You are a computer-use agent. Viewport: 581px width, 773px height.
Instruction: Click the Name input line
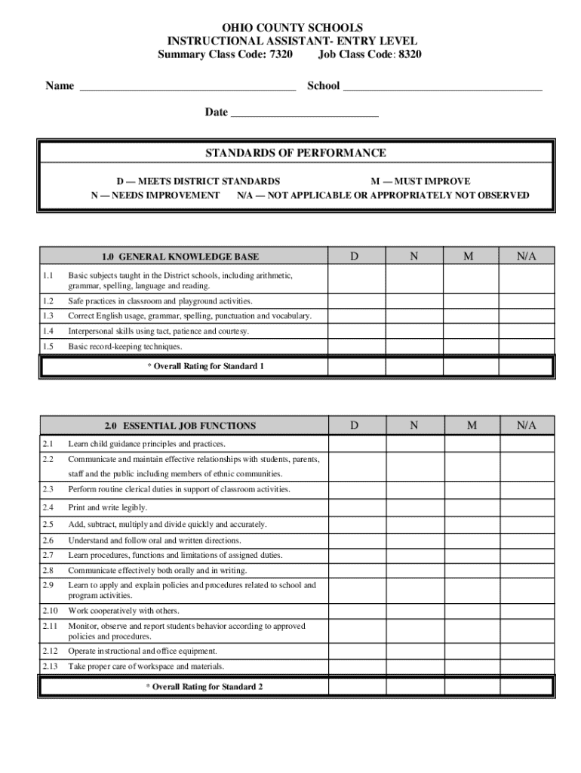tap(187, 87)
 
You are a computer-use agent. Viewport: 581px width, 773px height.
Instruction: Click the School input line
tap(442, 87)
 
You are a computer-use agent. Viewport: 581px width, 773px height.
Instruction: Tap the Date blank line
tap(304, 113)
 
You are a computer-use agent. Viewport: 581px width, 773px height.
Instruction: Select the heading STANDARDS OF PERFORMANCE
tap(296, 153)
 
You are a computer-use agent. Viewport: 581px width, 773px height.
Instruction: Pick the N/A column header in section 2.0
tap(527, 426)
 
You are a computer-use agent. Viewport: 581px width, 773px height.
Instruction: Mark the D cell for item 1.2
tap(356, 301)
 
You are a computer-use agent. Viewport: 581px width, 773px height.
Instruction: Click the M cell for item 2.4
tap(471, 507)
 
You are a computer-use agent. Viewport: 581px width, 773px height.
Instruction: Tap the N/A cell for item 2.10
tap(527, 611)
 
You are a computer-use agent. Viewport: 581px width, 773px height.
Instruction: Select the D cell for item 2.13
tap(356, 667)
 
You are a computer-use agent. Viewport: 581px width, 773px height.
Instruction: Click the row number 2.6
tap(49, 540)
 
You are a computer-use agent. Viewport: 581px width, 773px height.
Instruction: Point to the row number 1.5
tap(49, 346)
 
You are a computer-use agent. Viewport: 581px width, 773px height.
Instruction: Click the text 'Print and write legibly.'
tap(108, 508)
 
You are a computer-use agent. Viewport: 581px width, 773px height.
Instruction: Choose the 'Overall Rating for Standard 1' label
tap(205, 367)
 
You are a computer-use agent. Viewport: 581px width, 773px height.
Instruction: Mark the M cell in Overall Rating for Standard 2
tap(471, 687)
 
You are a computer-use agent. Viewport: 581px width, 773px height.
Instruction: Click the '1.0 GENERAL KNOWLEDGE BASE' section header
tap(184, 257)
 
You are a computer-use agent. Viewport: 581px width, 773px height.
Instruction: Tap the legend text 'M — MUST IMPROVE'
tap(420, 181)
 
